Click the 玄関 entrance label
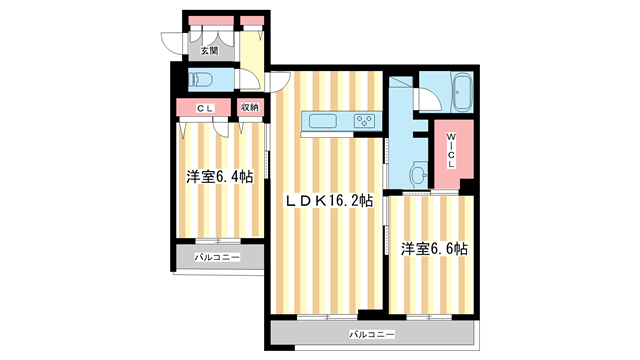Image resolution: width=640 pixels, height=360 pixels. coord(208,49)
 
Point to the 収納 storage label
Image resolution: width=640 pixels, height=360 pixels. coord(249,107)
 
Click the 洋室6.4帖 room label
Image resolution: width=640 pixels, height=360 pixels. coord(219,177)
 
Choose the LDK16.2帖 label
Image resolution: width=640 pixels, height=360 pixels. coord(330,200)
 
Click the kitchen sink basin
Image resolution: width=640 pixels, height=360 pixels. coord(324,121)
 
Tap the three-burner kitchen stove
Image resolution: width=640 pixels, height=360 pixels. coord(364,121)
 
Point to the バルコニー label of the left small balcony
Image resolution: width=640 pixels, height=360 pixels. coord(217,257)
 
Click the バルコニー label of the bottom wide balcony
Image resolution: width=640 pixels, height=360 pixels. coord(372,333)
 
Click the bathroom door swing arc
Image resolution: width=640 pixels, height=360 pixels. coord(429,98)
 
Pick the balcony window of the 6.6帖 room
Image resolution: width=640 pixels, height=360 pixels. coord(430,315)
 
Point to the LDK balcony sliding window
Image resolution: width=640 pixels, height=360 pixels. coord(326,315)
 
